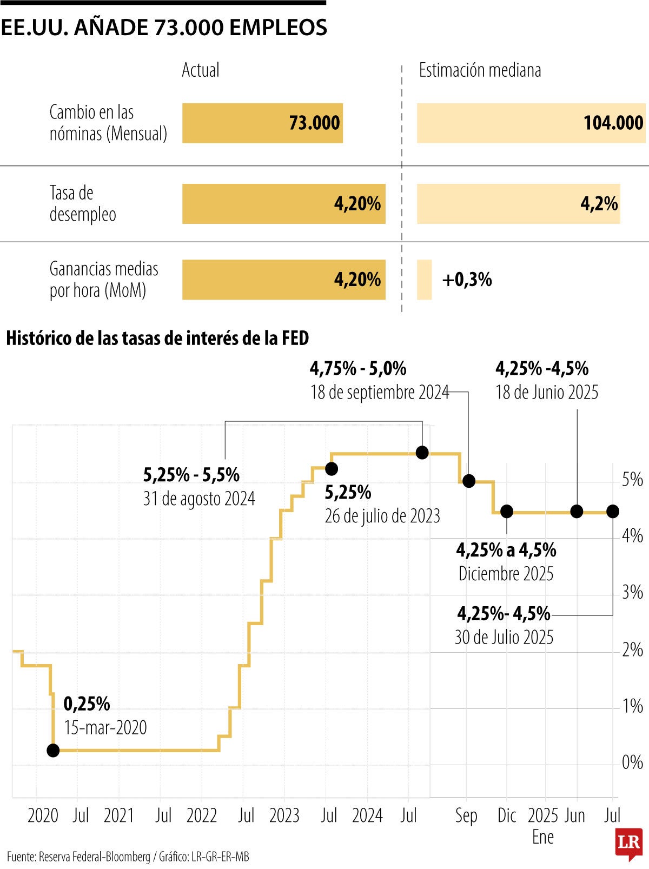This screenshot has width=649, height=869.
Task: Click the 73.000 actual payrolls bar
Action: [262, 123]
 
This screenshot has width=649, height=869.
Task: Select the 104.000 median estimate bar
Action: [531, 123]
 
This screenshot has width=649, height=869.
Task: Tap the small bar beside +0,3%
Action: [424, 280]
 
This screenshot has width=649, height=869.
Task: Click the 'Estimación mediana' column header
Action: [480, 70]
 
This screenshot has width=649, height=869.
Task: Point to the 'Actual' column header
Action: [200, 70]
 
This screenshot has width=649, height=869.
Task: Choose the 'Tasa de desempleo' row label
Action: [82, 203]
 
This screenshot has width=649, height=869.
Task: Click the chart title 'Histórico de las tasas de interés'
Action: [157, 339]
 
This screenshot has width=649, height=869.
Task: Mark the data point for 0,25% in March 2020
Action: [53, 750]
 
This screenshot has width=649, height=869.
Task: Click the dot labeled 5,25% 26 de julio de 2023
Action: [332, 468]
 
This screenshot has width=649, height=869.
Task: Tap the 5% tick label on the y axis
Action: [632, 480]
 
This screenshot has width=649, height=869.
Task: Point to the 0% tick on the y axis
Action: [632, 762]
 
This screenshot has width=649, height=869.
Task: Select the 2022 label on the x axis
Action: [202, 815]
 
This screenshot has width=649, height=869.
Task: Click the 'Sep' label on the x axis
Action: [466, 815]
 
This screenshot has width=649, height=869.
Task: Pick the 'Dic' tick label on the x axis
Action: [507, 815]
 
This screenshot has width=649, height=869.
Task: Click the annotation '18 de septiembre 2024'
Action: [379, 392]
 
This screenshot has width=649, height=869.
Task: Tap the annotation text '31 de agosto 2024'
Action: [199, 498]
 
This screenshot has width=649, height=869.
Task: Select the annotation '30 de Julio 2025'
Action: [504, 637]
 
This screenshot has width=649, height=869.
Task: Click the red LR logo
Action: [628, 842]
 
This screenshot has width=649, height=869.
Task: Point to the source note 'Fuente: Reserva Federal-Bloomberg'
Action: [78, 857]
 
